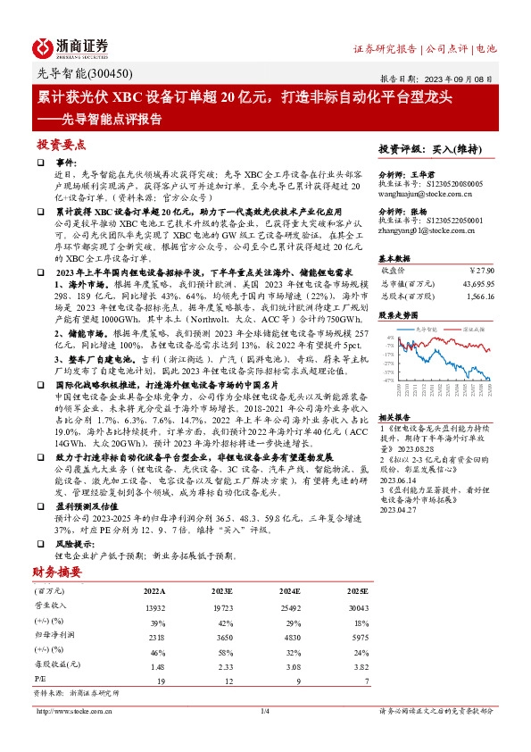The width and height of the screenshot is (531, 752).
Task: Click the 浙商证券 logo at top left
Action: coord(71,48)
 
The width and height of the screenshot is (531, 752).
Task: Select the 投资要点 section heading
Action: coord(61,143)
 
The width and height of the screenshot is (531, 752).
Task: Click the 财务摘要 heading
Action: coord(57,572)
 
